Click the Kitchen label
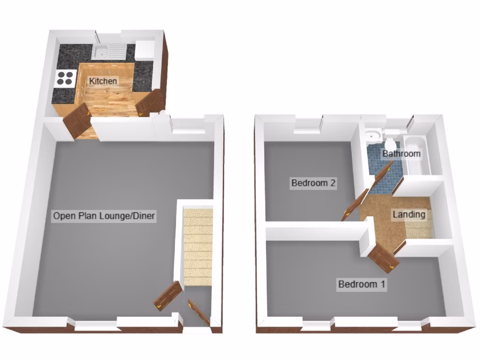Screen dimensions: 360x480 pos(103,81)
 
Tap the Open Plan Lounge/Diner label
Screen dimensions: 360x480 pos(104,216)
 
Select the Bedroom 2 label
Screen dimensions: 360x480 pos(314,183)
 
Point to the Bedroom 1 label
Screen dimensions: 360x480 pos(362,284)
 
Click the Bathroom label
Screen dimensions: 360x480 pos(401,153)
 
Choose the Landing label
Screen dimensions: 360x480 pos(409,215)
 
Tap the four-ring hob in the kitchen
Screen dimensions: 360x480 pos(65,78)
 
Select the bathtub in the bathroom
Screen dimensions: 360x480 pos(418,155)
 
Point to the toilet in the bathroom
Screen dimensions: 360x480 pos(390,140)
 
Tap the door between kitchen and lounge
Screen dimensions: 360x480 pos(77,120)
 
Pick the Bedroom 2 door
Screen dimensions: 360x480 pos(354,205)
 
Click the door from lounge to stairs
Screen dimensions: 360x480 pos(168,296)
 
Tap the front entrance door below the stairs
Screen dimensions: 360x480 pos(197,311)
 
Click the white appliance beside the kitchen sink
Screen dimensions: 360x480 pos(145,50)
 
